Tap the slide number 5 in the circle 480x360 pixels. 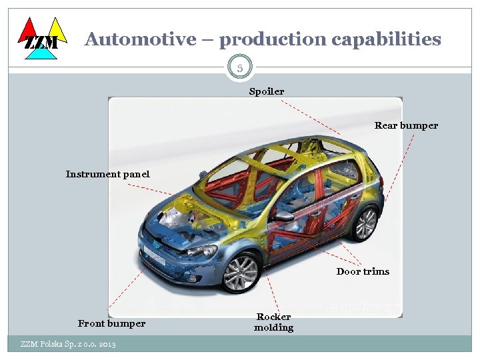[x=239, y=67]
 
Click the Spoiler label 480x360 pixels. [x=266, y=91]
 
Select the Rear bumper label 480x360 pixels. [x=406, y=125]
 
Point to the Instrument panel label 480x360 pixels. [x=107, y=174]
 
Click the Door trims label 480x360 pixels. [x=363, y=271]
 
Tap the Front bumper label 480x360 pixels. [x=111, y=323]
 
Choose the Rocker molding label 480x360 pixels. [x=273, y=322]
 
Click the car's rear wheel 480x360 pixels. [x=365, y=223]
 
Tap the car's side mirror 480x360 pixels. [x=283, y=216]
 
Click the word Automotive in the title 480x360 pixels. [x=140, y=39]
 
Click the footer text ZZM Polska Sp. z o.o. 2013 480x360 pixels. [x=68, y=344]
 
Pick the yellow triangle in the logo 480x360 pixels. [x=57, y=29]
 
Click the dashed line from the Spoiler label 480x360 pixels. [x=310, y=117]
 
